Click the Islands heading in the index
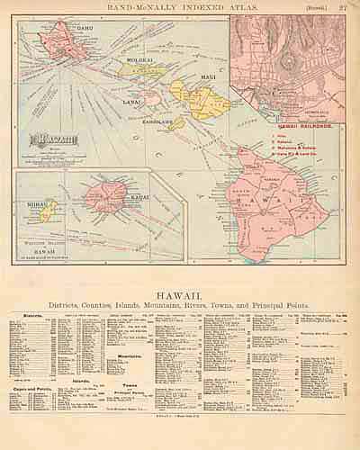[x=80, y=382]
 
